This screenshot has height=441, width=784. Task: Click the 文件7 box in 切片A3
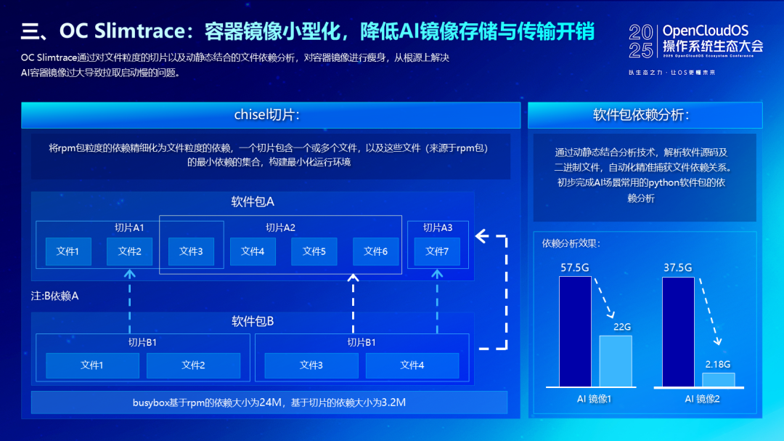pyautogui.click(x=437, y=251)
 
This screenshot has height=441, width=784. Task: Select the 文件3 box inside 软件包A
pyautogui.click(x=191, y=251)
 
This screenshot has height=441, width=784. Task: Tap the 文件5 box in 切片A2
pyautogui.click(x=314, y=251)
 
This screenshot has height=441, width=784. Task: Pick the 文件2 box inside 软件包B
pyautogui.click(x=193, y=365)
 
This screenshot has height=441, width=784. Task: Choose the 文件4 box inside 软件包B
pyautogui.click(x=412, y=365)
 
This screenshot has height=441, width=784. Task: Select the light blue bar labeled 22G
pyautogui.click(x=616, y=360)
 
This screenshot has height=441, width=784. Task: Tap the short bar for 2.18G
pyautogui.click(x=718, y=379)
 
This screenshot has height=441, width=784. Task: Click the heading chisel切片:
pyautogui.click(x=266, y=115)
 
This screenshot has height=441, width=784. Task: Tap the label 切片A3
pyautogui.click(x=437, y=227)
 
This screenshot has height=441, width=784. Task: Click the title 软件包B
pyautogui.click(x=252, y=321)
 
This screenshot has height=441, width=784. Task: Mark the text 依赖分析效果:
pyautogui.click(x=571, y=243)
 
